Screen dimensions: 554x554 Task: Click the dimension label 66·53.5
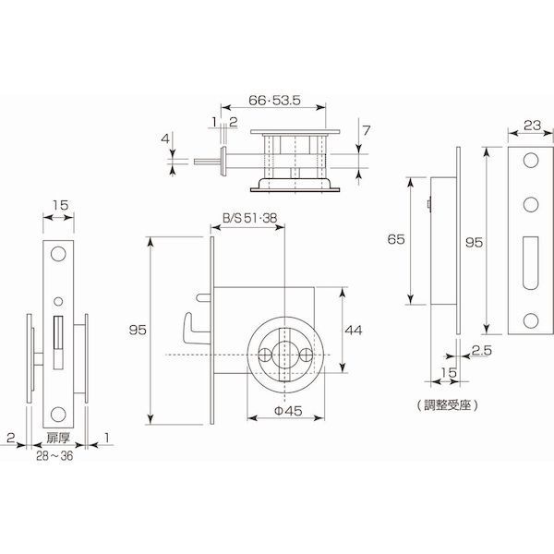coord(274,101)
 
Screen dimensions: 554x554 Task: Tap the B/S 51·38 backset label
coord(249,218)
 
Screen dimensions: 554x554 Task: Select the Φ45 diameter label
coord(288,411)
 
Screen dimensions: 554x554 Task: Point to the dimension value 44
coord(354,331)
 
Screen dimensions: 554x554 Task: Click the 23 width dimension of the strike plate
coord(532,125)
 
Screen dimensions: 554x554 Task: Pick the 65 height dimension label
coord(396,239)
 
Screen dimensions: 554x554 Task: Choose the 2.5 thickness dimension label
coord(482,350)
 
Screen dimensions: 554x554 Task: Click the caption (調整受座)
coord(447,405)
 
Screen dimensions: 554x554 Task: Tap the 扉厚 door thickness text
coord(58,438)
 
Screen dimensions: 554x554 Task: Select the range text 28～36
coord(54,456)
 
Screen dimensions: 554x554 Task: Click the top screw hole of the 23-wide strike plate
coord(531,161)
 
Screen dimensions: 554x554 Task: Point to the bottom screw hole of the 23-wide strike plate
coord(531,320)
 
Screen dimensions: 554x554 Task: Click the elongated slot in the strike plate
coord(531,263)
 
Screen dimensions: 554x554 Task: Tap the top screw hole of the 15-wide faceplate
coord(58,254)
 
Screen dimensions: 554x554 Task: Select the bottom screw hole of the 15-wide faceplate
coord(58,415)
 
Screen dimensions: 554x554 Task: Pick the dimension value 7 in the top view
coord(366,130)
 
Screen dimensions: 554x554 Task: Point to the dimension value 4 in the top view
coord(165,138)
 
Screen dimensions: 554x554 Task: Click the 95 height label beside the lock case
coord(138,330)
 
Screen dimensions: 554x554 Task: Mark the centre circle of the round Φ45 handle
coord(284,355)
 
